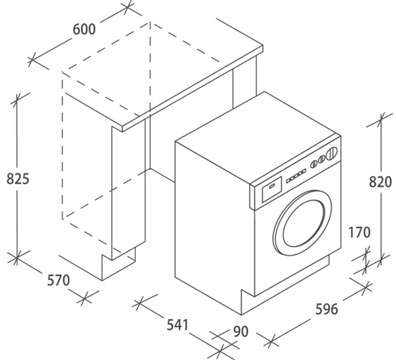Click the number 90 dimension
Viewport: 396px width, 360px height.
[x=240, y=332]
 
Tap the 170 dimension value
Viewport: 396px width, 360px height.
[x=360, y=232]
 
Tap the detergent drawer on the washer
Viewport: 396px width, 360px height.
[x=271, y=192]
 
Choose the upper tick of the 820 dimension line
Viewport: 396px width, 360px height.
[x=380, y=119]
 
